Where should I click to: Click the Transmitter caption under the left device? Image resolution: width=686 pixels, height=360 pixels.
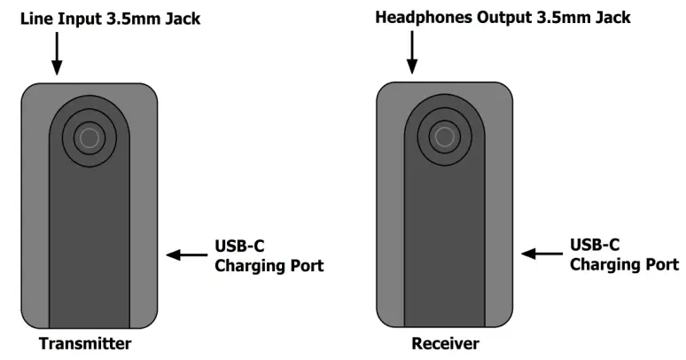point(85,344)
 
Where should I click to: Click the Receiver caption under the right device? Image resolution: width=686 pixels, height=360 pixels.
point(445,344)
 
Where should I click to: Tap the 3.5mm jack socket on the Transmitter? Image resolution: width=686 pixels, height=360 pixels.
point(88,137)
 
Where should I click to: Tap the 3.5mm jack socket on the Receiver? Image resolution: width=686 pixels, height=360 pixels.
point(445,137)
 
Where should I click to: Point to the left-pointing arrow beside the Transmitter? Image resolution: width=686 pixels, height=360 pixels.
point(185,255)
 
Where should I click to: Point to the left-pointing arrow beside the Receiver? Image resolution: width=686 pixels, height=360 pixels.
point(540,254)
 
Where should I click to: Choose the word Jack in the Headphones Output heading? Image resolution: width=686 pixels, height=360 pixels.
point(612,18)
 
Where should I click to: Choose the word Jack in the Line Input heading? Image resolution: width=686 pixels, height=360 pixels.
point(183,19)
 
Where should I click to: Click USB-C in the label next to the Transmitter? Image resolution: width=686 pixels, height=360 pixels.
point(238,247)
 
